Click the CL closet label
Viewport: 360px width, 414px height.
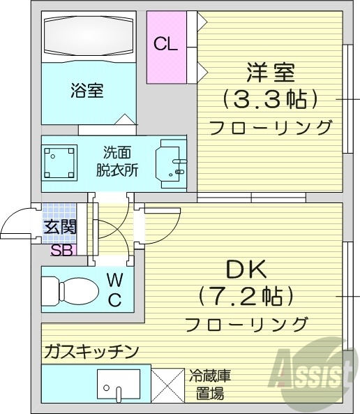[165, 45]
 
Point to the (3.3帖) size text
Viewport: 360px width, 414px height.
[270, 99]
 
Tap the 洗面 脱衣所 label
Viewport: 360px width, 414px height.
[117, 161]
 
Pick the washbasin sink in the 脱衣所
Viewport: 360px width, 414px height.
[170, 164]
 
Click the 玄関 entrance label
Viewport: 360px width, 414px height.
[60, 227]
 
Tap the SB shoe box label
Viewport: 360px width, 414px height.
[61, 250]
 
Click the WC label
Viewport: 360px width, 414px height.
[114, 290]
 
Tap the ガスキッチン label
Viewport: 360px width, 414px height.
[91, 350]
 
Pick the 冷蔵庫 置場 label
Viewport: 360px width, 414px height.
[209, 383]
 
